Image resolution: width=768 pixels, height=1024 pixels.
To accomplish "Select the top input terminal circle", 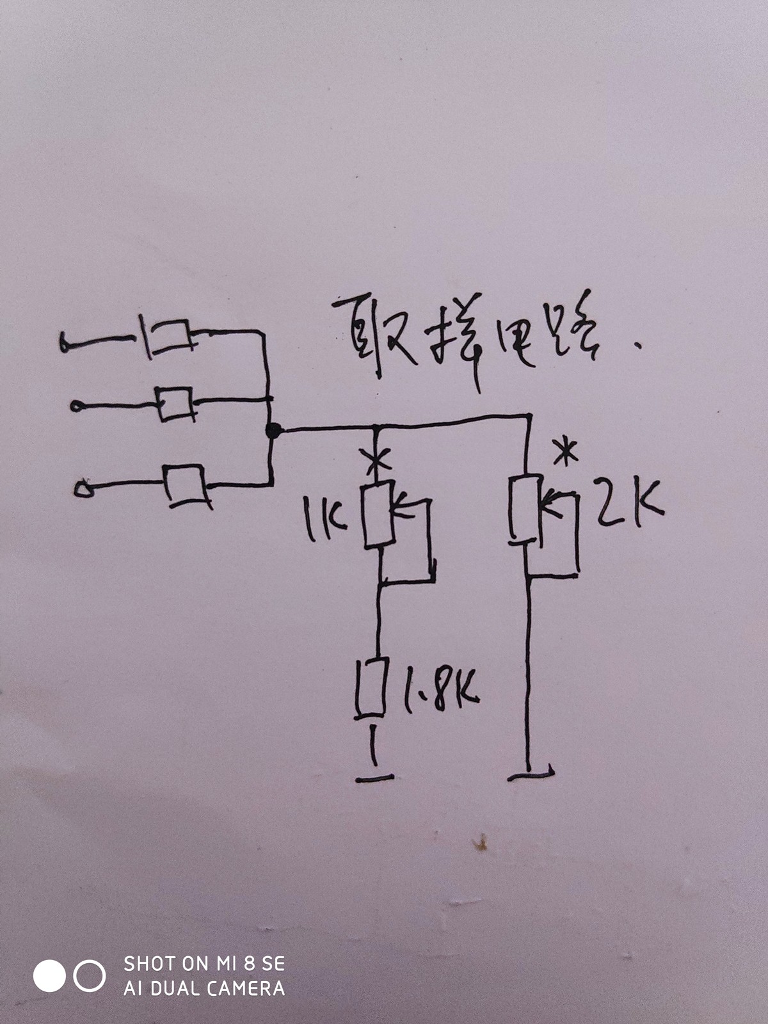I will tap(65, 344).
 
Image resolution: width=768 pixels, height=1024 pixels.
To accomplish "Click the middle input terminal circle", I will tap(76, 406).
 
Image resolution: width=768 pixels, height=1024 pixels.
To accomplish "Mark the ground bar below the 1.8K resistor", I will tap(374, 778).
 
